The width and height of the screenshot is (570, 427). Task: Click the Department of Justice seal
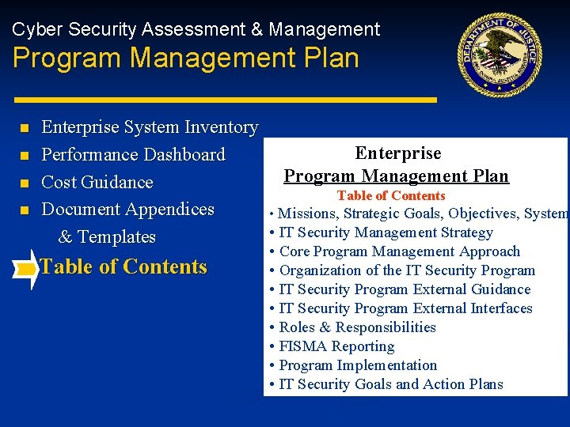click(504, 55)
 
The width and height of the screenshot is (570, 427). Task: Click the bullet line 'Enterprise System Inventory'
click(150, 127)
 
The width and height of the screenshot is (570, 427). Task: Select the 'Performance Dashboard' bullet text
click(133, 155)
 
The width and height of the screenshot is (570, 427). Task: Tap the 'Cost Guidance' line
click(97, 182)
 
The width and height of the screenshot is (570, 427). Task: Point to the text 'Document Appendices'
click(127, 210)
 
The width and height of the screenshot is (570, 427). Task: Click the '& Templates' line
click(107, 237)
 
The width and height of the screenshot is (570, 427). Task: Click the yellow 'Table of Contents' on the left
click(123, 267)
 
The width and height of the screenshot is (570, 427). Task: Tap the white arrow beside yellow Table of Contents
click(27, 269)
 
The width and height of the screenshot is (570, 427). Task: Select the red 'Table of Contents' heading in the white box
click(391, 196)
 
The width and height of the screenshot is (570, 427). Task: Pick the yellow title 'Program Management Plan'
click(185, 59)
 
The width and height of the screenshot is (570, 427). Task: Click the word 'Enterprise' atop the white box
click(398, 153)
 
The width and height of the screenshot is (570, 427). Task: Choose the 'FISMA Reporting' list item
click(336, 346)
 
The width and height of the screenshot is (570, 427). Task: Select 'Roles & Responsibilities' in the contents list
click(357, 327)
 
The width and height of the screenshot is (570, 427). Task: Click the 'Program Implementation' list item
click(358, 365)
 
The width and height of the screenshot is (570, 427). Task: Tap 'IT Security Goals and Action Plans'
click(391, 384)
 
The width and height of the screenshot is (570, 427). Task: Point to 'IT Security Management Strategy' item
click(386, 232)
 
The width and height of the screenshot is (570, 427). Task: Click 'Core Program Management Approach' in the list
click(399, 251)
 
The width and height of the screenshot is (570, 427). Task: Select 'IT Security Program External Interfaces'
click(405, 308)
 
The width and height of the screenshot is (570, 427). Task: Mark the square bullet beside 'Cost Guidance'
click(25, 183)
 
